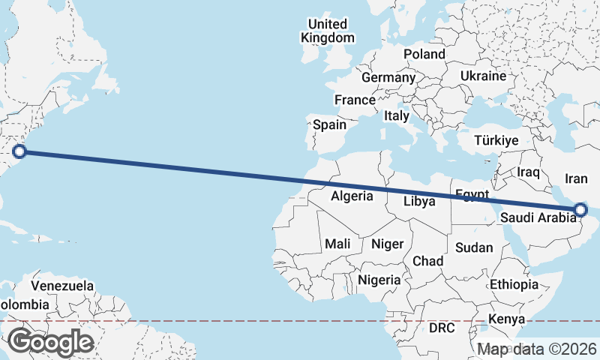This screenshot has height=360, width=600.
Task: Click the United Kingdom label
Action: click(x=328, y=31)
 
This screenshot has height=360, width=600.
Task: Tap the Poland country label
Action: click(x=424, y=54)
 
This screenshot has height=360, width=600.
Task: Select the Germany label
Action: click(x=388, y=77)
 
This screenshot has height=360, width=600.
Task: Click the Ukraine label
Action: click(x=483, y=76)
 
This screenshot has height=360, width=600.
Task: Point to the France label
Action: click(x=355, y=100)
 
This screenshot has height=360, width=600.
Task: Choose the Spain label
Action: click(x=329, y=124)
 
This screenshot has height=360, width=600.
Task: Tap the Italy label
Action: click(x=396, y=116)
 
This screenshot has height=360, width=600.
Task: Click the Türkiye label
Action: click(x=497, y=140)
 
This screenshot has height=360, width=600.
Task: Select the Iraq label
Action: click(x=529, y=172)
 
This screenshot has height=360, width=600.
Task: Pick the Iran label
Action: click(x=576, y=178)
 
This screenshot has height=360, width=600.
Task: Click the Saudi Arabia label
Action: click(x=539, y=218)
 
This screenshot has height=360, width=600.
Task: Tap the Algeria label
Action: click(x=352, y=196)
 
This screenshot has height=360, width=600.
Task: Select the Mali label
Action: click(x=337, y=244)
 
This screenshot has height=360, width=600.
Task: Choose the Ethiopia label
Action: click(x=514, y=284)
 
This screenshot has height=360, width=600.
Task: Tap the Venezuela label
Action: click(x=62, y=286)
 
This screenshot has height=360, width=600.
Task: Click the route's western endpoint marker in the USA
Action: click(x=20, y=151)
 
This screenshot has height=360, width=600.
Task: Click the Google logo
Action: click(x=50, y=341)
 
